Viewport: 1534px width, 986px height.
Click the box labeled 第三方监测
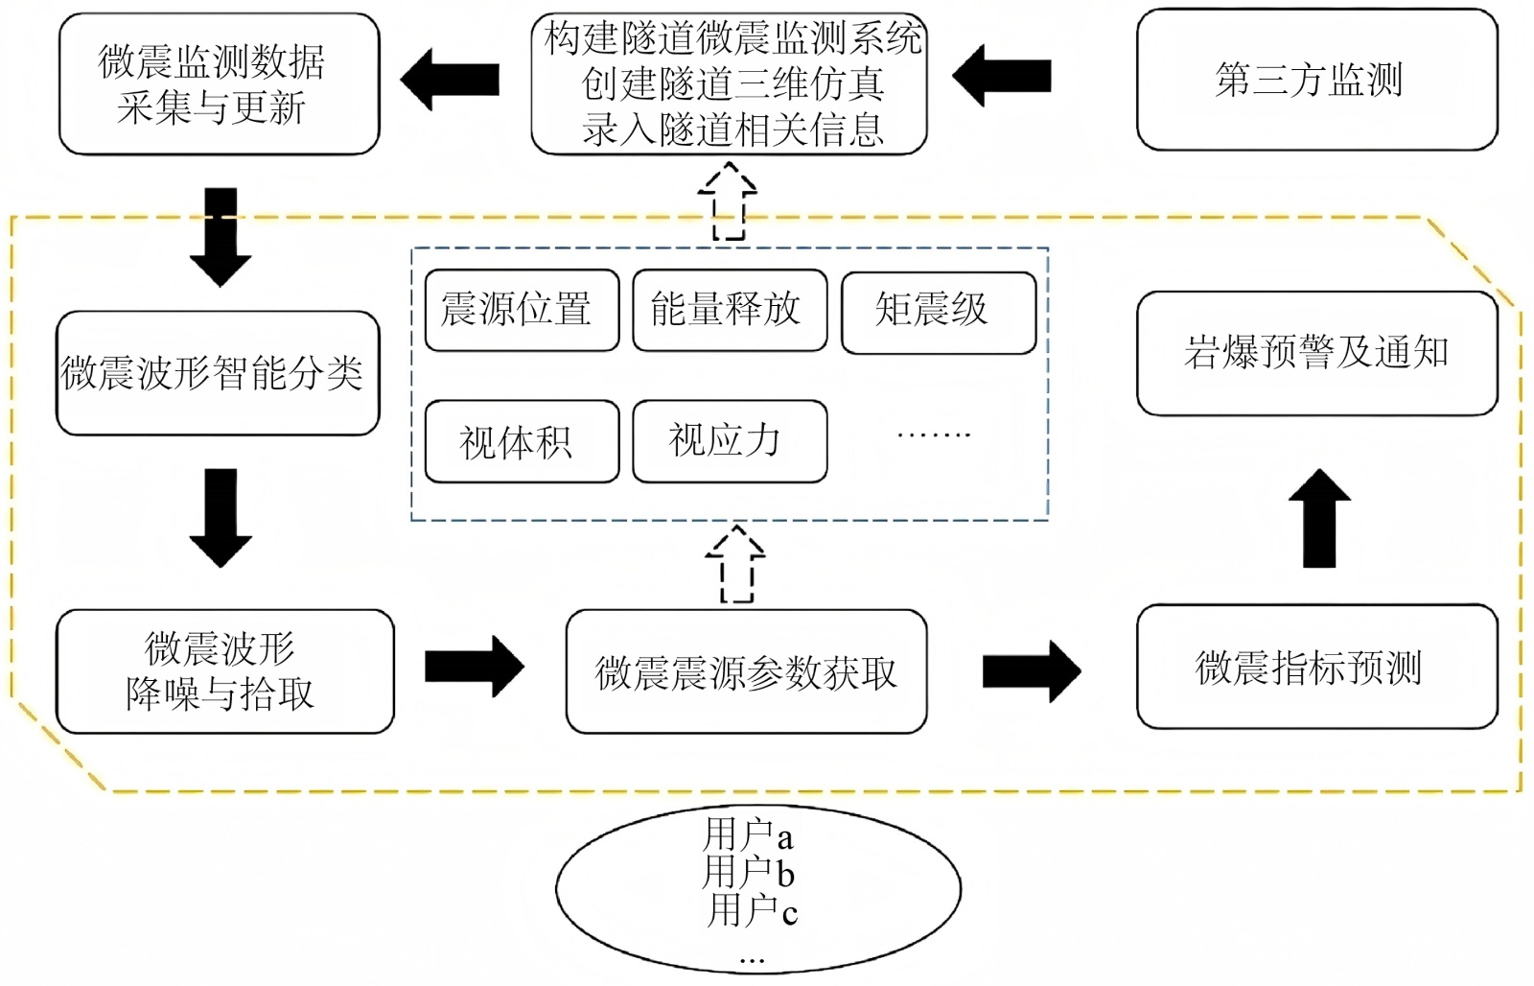1316,81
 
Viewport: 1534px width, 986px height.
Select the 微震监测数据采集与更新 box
219,84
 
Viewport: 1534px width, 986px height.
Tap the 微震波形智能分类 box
218,373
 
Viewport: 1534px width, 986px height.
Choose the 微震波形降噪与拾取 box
224,671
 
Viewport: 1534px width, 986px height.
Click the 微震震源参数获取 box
746,672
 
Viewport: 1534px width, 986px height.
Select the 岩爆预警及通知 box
1316,354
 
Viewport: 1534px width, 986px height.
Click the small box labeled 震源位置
522,310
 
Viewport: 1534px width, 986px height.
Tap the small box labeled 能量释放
730,310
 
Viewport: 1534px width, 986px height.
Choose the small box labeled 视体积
522,442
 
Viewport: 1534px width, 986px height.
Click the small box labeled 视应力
730,441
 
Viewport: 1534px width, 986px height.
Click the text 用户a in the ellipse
748,835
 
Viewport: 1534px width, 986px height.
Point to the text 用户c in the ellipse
752,910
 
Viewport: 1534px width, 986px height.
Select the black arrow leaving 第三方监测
1001,77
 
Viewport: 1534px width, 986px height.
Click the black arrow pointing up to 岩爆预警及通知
1319,518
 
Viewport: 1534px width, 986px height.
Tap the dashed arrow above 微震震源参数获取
735,564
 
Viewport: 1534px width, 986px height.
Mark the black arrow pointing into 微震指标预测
1032,671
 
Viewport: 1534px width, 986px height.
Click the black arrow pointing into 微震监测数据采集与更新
450,80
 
